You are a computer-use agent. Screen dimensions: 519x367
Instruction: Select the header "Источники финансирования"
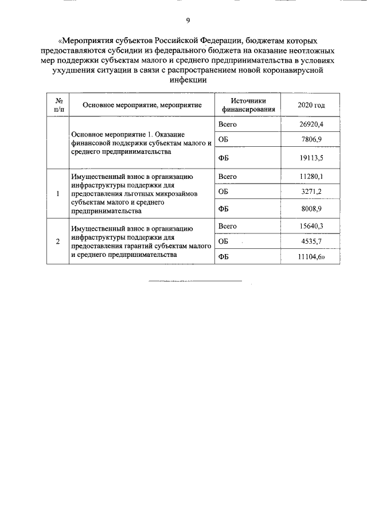[248, 104]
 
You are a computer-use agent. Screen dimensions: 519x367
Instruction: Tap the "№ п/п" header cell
[58, 104]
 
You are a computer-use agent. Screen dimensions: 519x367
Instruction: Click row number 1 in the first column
[58, 193]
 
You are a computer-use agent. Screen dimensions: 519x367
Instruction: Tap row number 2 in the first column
[58, 241]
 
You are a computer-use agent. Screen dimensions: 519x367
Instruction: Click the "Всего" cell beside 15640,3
[228, 226]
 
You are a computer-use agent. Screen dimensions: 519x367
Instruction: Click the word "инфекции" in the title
[187, 81]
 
